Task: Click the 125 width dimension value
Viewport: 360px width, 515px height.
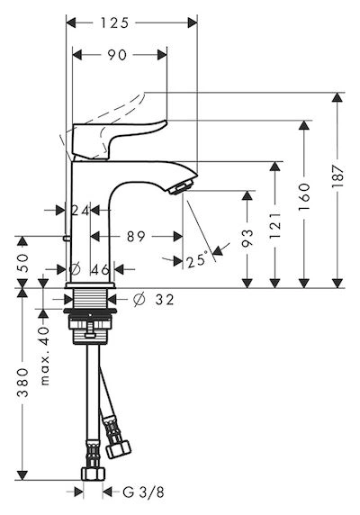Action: [114, 23]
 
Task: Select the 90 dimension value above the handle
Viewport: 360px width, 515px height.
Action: [117, 55]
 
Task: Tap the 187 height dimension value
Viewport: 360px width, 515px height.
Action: [337, 176]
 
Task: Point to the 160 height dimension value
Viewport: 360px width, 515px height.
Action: [304, 197]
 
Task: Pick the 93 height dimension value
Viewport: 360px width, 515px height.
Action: [247, 238]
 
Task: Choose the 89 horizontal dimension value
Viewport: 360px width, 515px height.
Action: [136, 236]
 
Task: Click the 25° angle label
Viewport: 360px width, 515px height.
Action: [197, 261]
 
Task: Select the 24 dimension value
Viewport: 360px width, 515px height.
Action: [80, 211]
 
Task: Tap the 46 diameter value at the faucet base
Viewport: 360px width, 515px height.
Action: [100, 269]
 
